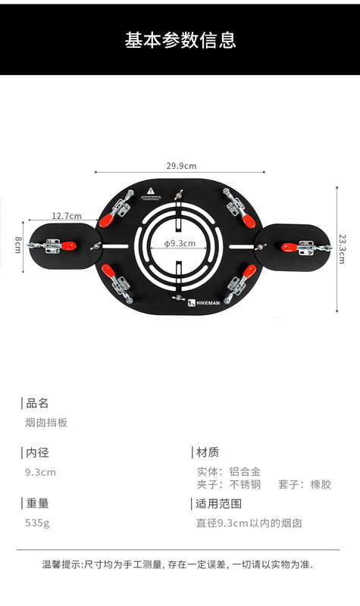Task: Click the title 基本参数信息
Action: point(180,40)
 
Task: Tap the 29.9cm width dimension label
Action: point(181,166)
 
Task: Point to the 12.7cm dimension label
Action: point(67,216)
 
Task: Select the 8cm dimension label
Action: point(17,245)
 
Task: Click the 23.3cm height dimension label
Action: point(343,248)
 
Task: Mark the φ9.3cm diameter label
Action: point(180,243)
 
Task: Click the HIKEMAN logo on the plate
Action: point(204,303)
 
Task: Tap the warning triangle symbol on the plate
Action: point(150,191)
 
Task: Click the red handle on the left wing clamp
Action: point(68,245)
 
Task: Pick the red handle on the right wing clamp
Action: point(289,248)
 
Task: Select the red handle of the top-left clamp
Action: point(106,220)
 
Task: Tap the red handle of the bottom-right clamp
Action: point(249,271)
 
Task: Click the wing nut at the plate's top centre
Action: point(179,195)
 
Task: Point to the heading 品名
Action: point(37,403)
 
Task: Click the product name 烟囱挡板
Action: point(46,423)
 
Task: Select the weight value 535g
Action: point(37,523)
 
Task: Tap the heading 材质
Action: point(208,451)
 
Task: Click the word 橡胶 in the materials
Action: point(321,484)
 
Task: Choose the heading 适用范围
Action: point(218,504)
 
